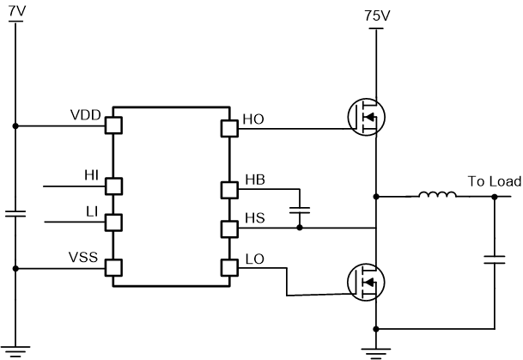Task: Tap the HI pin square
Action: pyautogui.click(x=113, y=186)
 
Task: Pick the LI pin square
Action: pyautogui.click(x=113, y=222)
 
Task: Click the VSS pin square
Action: pyautogui.click(x=113, y=268)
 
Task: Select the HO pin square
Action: pyautogui.click(x=229, y=129)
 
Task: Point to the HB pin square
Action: pyautogui.click(x=229, y=189)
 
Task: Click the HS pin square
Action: pyautogui.click(x=229, y=229)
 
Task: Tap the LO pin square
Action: pyautogui.click(x=229, y=267)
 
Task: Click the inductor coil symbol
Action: pyautogui.click(x=437, y=196)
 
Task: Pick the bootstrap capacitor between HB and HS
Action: pyautogui.click(x=299, y=209)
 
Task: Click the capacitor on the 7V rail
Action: pyautogui.click(x=15, y=213)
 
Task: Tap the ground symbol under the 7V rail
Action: pyautogui.click(x=15, y=349)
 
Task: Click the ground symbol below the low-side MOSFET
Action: pyautogui.click(x=376, y=349)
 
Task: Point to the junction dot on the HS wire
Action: pyautogui.click(x=299, y=229)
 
